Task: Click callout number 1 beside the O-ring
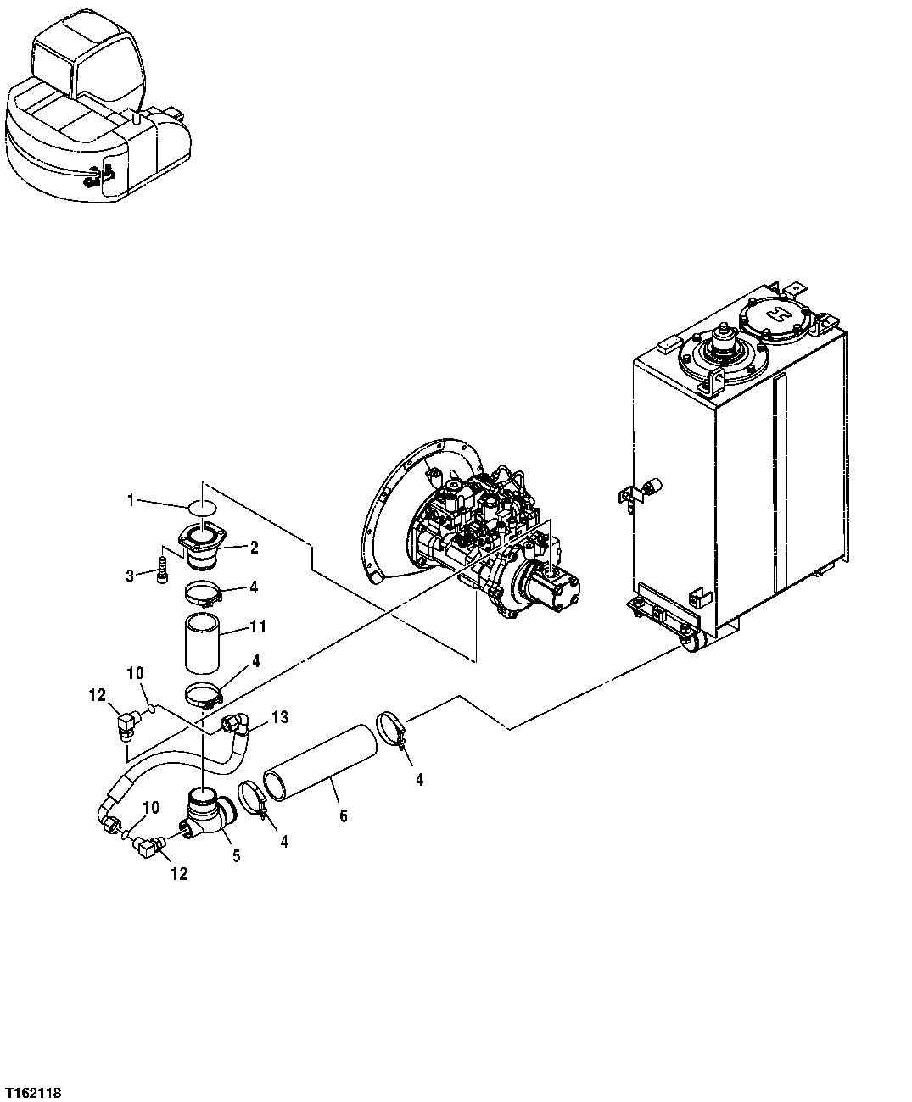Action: pos(130,500)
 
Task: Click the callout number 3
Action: pos(130,576)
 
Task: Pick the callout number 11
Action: pos(258,627)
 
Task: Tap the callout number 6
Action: pos(342,815)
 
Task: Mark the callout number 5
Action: pos(237,856)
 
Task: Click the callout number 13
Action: pos(280,718)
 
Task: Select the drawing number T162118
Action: pos(33,1088)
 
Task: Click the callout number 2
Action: pos(253,548)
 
